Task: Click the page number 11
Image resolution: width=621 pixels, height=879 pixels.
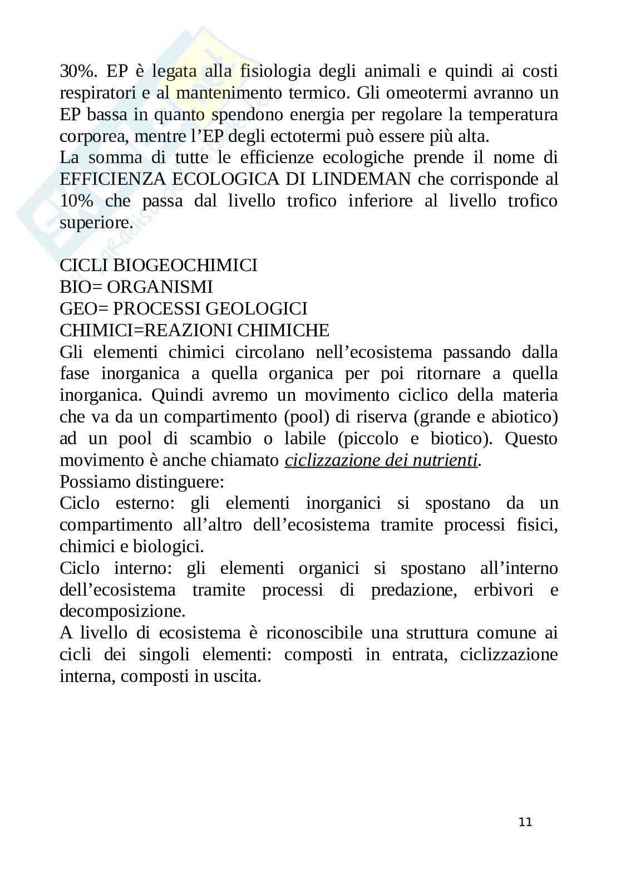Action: click(525, 822)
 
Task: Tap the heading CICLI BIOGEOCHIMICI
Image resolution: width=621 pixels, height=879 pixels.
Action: click(159, 266)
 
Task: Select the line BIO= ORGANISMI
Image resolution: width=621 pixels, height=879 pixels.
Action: click(136, 287)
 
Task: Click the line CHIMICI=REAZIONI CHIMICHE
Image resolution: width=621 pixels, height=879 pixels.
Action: click(194, 331)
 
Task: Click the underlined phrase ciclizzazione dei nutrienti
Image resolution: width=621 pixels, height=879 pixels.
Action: click(381, 461)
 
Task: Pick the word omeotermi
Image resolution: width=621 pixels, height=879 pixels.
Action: click(427, 93)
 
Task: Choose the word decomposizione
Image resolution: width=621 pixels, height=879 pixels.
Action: click(122, 612)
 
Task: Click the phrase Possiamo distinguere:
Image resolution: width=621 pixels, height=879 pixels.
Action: click(142, 482)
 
